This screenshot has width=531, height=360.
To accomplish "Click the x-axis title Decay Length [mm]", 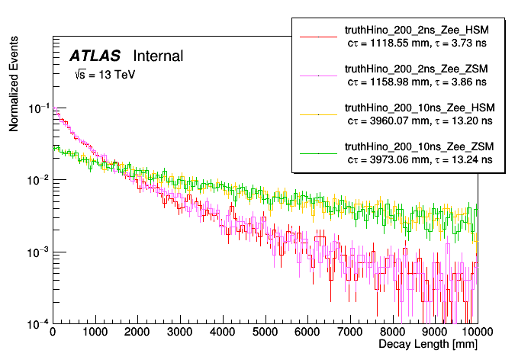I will (428, 346).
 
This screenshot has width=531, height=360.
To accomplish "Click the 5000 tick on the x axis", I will (265, 332).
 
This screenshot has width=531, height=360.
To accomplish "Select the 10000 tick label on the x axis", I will (475, 332).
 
